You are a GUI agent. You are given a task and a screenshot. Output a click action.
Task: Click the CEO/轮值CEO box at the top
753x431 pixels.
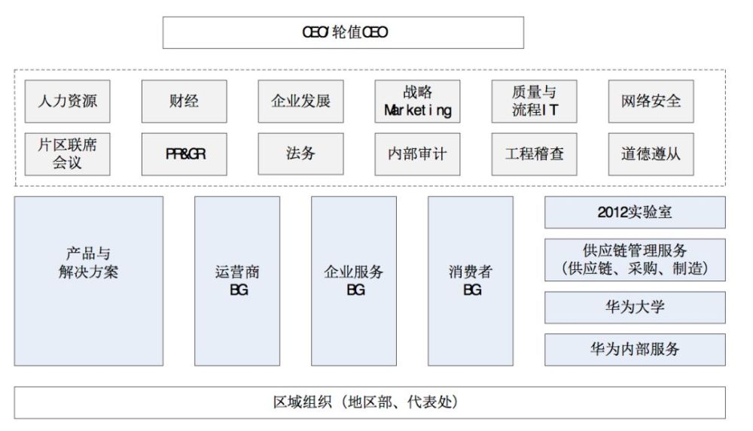343,32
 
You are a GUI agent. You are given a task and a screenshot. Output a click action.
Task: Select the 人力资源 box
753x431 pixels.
67,101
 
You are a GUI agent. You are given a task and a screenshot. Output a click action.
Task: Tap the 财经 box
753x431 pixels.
184,101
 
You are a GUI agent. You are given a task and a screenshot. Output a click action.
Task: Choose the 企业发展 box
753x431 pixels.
300,101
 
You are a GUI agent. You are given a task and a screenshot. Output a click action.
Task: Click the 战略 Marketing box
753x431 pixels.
417,101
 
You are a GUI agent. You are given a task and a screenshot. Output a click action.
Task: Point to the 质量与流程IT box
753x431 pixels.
534,101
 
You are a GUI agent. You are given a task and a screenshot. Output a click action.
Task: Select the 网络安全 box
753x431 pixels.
651,101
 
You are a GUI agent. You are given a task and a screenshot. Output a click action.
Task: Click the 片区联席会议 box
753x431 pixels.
67,154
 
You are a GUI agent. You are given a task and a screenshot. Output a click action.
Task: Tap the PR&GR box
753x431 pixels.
184,154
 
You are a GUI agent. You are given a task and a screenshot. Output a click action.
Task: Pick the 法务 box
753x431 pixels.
300,154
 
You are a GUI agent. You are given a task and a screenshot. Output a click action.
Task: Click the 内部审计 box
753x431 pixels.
417,154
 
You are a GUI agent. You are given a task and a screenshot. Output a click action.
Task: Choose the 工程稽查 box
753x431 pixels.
534,154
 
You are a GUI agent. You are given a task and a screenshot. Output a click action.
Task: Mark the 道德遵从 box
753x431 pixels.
651,154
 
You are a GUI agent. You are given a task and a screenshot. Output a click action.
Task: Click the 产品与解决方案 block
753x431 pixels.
88,281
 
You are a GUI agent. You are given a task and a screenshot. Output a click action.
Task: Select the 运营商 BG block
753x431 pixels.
237,281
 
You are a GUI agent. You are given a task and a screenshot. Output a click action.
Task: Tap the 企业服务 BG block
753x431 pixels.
354,281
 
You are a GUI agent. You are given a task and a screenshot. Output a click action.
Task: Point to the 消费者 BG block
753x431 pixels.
471,281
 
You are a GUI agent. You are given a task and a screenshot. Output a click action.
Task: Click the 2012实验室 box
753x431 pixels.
635,212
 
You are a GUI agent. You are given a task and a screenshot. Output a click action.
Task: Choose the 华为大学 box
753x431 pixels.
635,307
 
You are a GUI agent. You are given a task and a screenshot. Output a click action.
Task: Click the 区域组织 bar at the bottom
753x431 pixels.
370,402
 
